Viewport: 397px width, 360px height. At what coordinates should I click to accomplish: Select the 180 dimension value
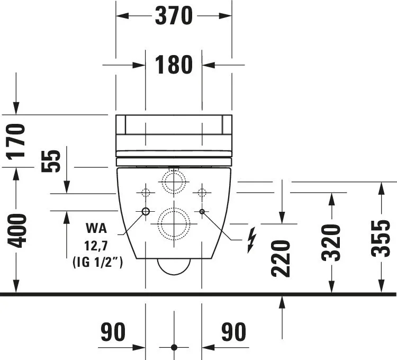pos(174,65)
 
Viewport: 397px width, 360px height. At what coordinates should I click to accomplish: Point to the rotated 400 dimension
pos(16,230)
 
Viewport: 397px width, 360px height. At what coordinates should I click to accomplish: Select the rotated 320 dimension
pos(331,242)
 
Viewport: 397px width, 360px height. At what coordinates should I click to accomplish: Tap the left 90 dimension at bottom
pos(113,332)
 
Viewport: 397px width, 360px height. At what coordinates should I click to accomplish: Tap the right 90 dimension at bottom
pos(233,332)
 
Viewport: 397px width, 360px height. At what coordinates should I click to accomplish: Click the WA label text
pos(96,229)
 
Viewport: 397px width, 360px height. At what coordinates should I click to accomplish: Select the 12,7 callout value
pos(96,246)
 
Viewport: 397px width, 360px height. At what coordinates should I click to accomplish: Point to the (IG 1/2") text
pos(97,262)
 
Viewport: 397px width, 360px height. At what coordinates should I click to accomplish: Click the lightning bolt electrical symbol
pos(252,239)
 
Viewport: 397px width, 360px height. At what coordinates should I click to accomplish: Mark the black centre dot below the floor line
pos(174,347)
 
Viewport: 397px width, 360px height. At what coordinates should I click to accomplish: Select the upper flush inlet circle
pos(174,183)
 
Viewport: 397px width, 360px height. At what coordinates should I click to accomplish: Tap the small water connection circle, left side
pos(146,211)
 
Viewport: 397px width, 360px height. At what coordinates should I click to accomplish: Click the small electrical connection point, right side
pos(202,211)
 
